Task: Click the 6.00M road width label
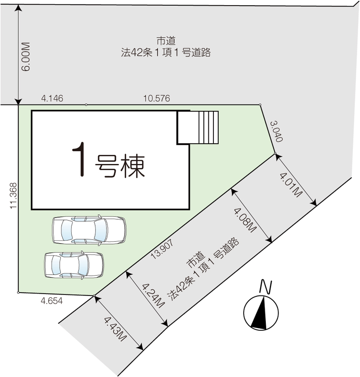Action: click(26, 57)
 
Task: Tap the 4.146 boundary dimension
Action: click(52, 98)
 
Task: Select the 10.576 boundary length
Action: click(156, 98)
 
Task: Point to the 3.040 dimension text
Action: click(277, 131)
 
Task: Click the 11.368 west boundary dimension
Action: click(14, 196)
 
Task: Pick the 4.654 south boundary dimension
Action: click(52, 301)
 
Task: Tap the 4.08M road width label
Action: click(245, 220)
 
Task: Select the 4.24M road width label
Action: click(154, 295)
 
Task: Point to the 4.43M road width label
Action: click(115, 329)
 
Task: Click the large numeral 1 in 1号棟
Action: click(80, 159)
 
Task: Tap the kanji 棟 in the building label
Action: click(133, 166)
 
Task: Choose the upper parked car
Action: click(89, 230)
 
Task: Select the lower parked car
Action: click(74, 265)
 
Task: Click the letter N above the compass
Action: click(266, 287)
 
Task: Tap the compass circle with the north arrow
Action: click(261, 313)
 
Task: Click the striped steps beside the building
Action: click(208, 127)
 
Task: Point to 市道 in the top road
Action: click(166, 41)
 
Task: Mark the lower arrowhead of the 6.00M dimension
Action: click(18, 102)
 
